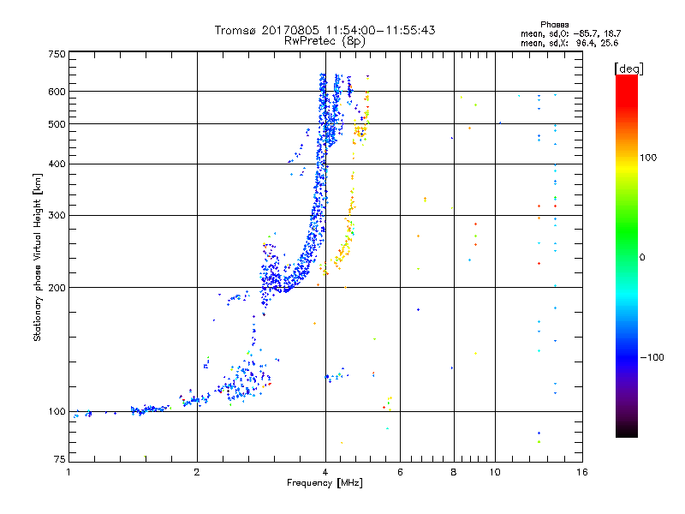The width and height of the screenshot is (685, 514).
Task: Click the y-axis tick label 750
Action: coord(57,54)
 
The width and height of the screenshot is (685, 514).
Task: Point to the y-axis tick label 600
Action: coord(57,92)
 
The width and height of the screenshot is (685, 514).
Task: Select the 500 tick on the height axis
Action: coord(57,124)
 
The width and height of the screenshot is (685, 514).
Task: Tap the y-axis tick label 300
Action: coord(57,215)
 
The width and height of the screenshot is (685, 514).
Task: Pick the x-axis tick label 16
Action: coord(582,472)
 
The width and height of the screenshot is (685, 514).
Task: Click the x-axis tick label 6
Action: coord(400,472)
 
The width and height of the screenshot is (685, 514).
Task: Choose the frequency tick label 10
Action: coord(495,472)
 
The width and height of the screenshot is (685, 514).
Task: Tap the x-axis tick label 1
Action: coord(68,472)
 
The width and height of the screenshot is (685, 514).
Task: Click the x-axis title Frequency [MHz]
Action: coord(325,484)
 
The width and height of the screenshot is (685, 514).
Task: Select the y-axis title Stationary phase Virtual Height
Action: coord(38,257)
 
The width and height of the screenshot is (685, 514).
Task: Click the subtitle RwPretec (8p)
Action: coord(325,40)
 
